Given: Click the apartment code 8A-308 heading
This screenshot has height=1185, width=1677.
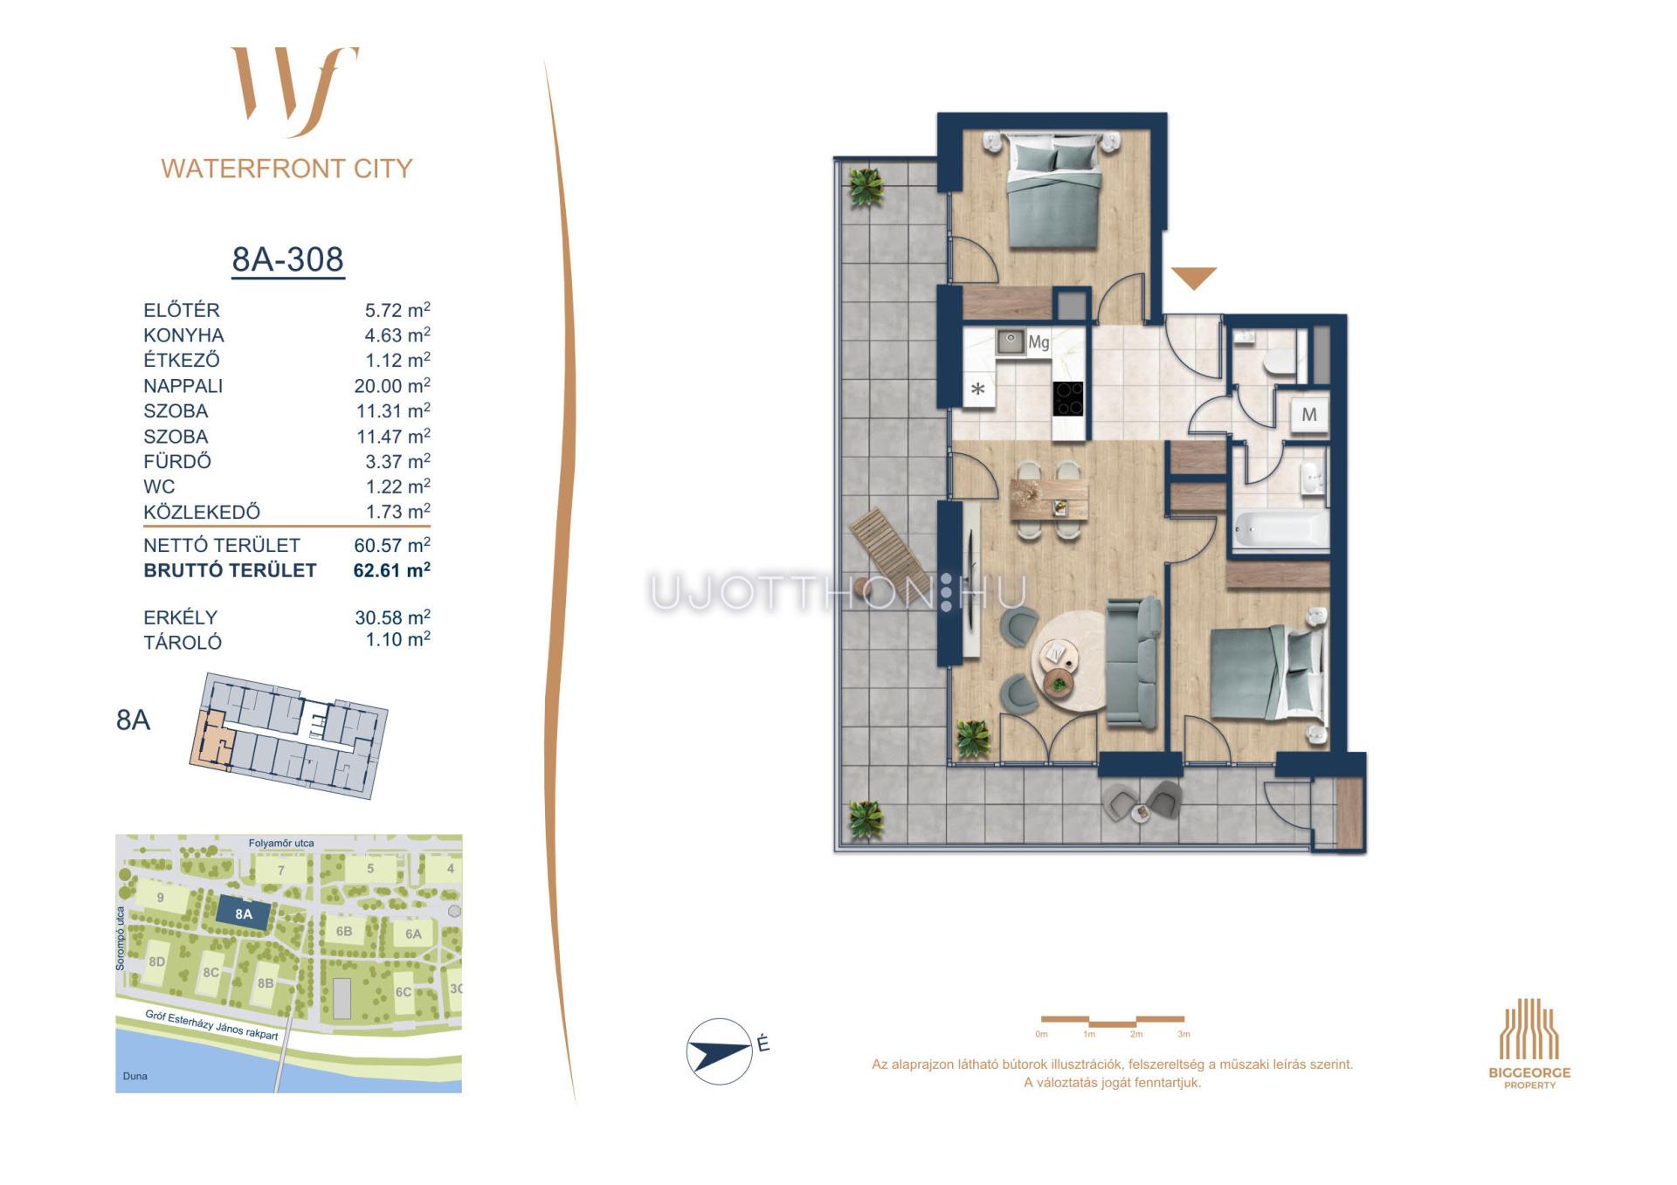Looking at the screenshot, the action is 287,259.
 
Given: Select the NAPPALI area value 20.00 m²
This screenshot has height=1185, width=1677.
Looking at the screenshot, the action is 392,385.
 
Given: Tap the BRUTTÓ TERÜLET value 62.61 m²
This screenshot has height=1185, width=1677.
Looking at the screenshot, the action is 391,569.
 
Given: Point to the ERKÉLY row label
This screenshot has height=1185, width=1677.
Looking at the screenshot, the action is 180,617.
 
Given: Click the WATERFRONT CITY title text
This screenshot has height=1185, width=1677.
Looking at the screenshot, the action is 286,169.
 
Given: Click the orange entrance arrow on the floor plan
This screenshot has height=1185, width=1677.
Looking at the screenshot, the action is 1194,278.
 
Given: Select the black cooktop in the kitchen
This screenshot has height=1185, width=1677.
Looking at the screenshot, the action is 1068,398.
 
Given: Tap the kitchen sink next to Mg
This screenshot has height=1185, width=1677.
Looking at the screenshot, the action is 1011,341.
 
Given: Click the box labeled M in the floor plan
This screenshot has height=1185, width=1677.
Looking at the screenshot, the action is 1309,414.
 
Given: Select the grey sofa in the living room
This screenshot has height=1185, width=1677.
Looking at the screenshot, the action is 1133,661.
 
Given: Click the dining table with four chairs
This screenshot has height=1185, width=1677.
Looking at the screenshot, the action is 1049,499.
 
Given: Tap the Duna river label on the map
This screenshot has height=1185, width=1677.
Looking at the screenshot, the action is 135,1076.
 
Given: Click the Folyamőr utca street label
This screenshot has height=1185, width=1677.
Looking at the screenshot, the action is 281,844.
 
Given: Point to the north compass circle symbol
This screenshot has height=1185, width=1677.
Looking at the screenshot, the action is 720,1051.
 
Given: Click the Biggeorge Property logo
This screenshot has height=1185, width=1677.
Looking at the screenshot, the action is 1529,1044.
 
